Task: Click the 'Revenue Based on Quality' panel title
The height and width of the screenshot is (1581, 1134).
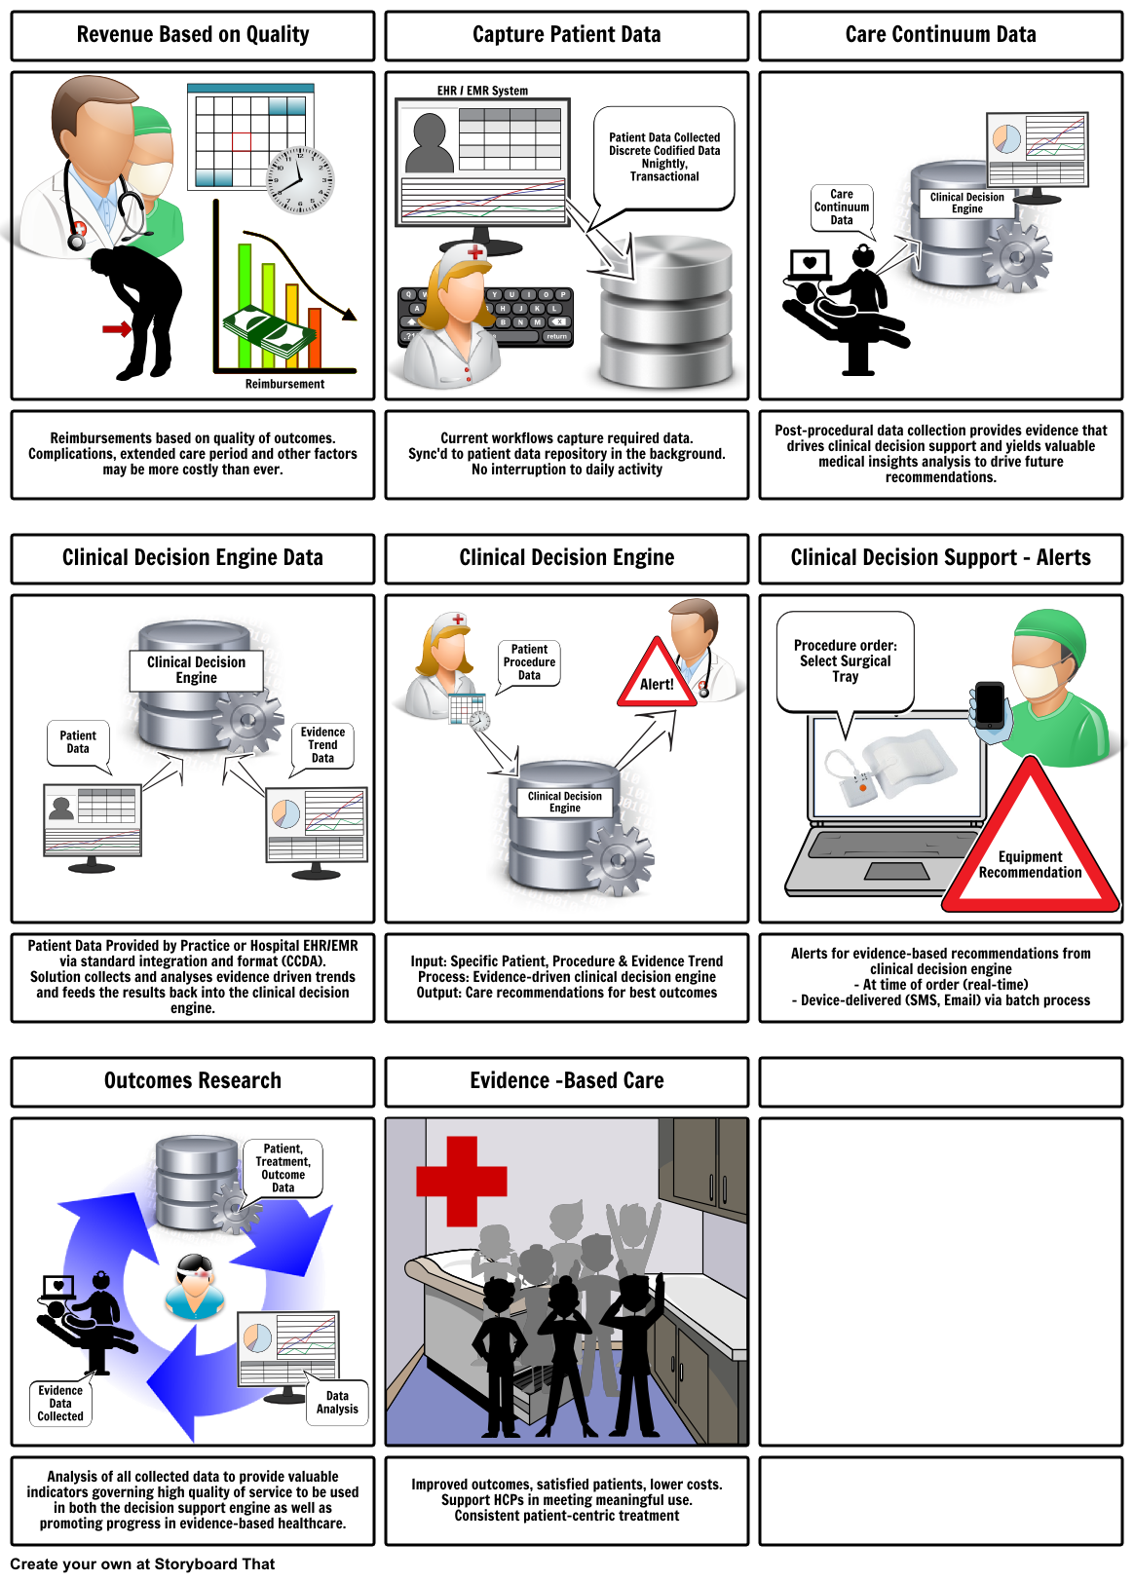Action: tap(192, 35)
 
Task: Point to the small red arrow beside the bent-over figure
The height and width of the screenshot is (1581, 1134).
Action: tap(117, 328)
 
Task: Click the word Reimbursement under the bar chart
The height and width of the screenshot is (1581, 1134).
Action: tap(284, 384)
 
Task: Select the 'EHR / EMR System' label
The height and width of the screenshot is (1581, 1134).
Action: tap(482, 91)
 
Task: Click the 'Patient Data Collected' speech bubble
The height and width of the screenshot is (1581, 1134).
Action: tap(664, 157)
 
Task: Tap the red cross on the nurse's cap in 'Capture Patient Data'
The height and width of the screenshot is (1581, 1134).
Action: tap(475, 253)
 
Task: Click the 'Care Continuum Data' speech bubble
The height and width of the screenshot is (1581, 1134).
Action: tap(842, 207)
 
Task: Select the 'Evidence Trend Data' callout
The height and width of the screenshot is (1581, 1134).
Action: tap(322, 745)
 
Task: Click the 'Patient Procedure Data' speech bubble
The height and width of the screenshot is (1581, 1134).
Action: tap(529, 662)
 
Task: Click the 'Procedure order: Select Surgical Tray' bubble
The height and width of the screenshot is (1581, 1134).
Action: tap(845, 660)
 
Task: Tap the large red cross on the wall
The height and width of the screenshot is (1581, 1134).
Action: tap(461, 1180)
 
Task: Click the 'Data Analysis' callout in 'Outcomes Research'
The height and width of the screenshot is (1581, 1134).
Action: tap(337, 1403)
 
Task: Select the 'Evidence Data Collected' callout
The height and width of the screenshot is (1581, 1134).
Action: tap(60, 1404)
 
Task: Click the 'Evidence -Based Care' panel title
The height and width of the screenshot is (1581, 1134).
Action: tap(566, 1081)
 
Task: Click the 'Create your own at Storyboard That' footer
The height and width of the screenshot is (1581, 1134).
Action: tap(142, 1564)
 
